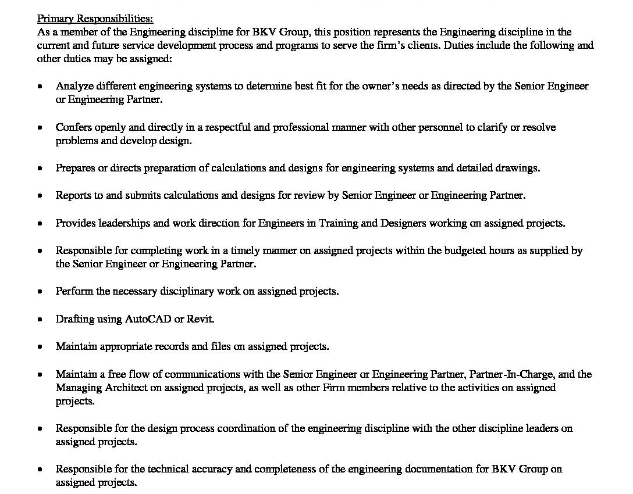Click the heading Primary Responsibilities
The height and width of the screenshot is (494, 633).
click(95, 19)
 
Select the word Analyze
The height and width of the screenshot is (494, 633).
click(73, 86)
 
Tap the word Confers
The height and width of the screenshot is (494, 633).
click(74, 127)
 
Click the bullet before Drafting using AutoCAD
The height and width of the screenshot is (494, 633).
click(40, 320)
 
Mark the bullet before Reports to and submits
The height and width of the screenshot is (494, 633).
click(40, 196)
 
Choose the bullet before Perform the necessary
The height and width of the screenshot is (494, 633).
click(40, 292)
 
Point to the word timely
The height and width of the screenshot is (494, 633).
click(245, 250)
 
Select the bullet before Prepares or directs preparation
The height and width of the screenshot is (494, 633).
click(40, 169)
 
